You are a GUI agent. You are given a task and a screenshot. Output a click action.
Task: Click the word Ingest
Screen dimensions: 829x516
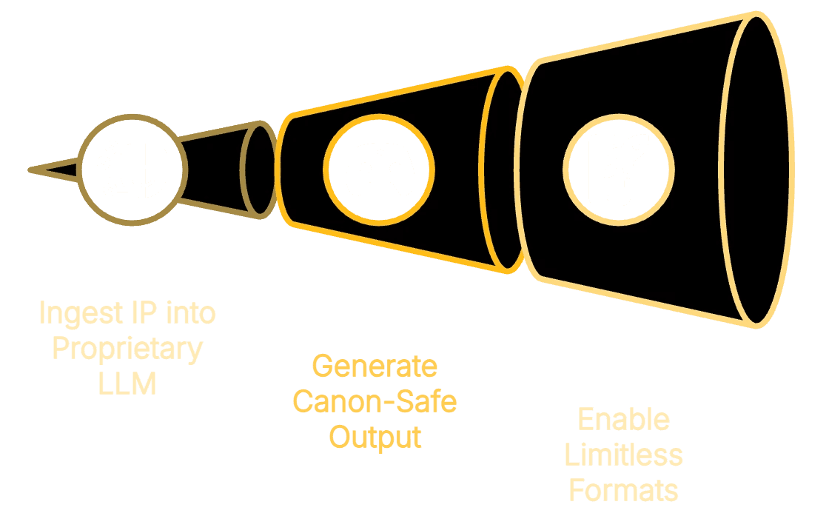pos(77,313)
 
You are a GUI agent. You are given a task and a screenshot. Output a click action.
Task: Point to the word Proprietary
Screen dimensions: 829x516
pos(127,349)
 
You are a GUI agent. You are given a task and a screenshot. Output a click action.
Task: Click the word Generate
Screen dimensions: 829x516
pos(375,366)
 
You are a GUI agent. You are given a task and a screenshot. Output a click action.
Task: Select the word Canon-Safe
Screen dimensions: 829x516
pos(375,402)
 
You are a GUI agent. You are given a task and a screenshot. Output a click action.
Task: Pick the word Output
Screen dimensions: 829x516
pos(375,437)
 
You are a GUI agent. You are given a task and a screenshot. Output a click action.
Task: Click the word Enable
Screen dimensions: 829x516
pos(623,420)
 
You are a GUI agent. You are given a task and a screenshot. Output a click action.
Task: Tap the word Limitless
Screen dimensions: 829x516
pos(623,455)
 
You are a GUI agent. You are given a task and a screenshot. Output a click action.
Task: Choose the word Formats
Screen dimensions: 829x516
pos(623,490)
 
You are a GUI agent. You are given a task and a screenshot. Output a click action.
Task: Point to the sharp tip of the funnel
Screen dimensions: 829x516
pos(31,170)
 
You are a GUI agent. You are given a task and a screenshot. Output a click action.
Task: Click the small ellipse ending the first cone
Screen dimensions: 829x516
pos(259,170)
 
